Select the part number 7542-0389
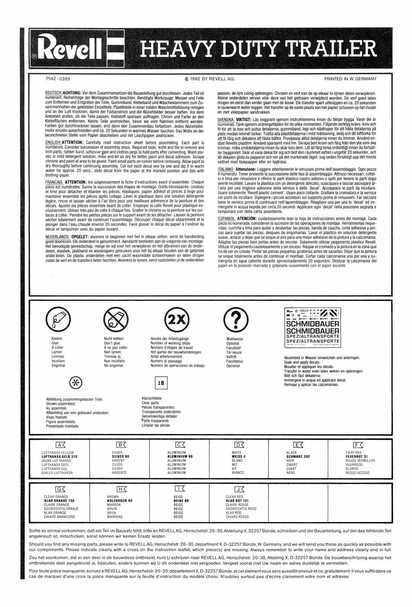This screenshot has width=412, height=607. [58, 79]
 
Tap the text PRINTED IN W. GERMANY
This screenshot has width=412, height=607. [350, 79]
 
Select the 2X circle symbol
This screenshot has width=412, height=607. [177, 320]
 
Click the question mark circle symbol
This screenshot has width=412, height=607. [234, 320]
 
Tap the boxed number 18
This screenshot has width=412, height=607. [161, 383]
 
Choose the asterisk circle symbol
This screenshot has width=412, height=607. [76, 382]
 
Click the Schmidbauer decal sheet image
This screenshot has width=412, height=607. [312, 328]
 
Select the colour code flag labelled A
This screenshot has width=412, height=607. [61, 445]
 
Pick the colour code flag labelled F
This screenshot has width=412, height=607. [358, 445]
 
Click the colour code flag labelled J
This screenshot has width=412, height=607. [239, 490]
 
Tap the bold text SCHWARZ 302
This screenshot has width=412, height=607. [298, 457]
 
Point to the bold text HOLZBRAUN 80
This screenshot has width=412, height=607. [120, 501]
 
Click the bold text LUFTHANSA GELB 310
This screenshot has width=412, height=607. [59, 457]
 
